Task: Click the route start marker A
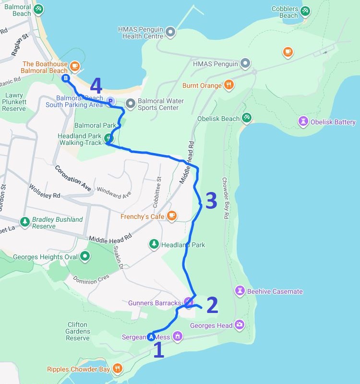tap(152, 336)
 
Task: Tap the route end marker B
tap(66, 78)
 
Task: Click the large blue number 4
tap(96, 86)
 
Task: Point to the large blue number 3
tap(211, 201)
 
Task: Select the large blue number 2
tap(212, 305)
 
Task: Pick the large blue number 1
tap(158, 350)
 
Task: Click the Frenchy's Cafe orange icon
tap(171, 216)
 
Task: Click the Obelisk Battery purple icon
tap(303, 121)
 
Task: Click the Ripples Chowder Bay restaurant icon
tap(117, 369)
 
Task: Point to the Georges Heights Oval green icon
tap(85, 257)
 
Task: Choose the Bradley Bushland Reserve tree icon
tap(24, 222)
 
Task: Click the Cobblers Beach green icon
tap(305, 11)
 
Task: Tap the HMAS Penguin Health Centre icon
tap(170, 32)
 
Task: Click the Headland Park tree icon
tap(154, 244)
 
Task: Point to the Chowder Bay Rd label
tap(226, 198)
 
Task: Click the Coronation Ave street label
tap(72, 178)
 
